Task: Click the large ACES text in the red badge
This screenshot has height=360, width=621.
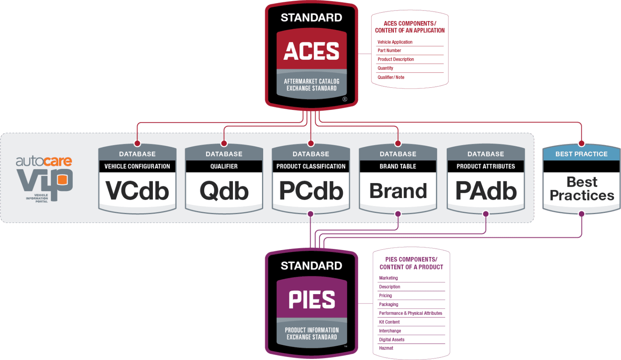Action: [311, 51]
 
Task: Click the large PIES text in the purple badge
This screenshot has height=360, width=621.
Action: [312, 300]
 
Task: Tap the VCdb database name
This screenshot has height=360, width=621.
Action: [137, 191]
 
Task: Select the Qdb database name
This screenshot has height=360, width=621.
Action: [224, 191]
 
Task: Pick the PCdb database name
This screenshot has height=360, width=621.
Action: [311, 191]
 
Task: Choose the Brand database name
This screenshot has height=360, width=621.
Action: [398, 191]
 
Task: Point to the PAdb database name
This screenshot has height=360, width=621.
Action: [486, 191]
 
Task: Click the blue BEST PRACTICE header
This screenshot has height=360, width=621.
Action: [581, 154]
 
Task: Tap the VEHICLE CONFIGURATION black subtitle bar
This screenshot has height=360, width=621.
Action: [137, 166]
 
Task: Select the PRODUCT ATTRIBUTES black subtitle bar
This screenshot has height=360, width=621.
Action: [486, 166]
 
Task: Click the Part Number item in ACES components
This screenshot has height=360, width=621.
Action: [389, 51]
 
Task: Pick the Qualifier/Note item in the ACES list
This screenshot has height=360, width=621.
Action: [391, 77]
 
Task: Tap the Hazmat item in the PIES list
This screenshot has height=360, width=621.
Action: [386, 348]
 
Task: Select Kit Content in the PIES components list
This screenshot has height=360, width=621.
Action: [389, 322]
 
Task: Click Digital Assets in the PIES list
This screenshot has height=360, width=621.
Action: [391, 340]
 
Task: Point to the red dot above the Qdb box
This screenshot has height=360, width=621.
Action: [224, 143]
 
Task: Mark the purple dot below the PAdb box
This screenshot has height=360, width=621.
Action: [486, 214]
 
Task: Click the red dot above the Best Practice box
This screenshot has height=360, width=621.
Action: [581, 143]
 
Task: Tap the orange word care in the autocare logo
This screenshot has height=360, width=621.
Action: [57, 161]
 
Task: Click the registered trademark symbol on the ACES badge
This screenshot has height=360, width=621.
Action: [344, 99]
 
